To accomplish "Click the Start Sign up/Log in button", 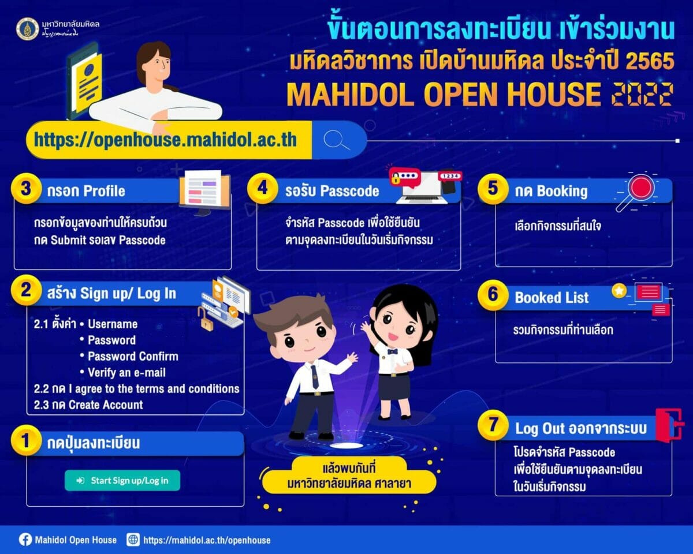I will [x=122, y=480].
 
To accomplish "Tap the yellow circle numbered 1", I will [x=25, y=441].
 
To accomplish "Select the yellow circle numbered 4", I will [x=263, y=189].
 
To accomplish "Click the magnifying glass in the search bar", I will [x=337, y=140].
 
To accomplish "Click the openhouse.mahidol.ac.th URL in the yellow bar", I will [x=165, y=140].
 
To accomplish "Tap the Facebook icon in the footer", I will [x=25, y=540].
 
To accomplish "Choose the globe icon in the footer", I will [x=133, y=540].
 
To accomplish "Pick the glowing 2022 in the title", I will [x=642, y=94].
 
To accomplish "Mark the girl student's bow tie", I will [x=393, y=351].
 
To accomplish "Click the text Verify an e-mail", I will [x=126, y=372].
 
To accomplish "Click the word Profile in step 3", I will [x=104, y=190].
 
